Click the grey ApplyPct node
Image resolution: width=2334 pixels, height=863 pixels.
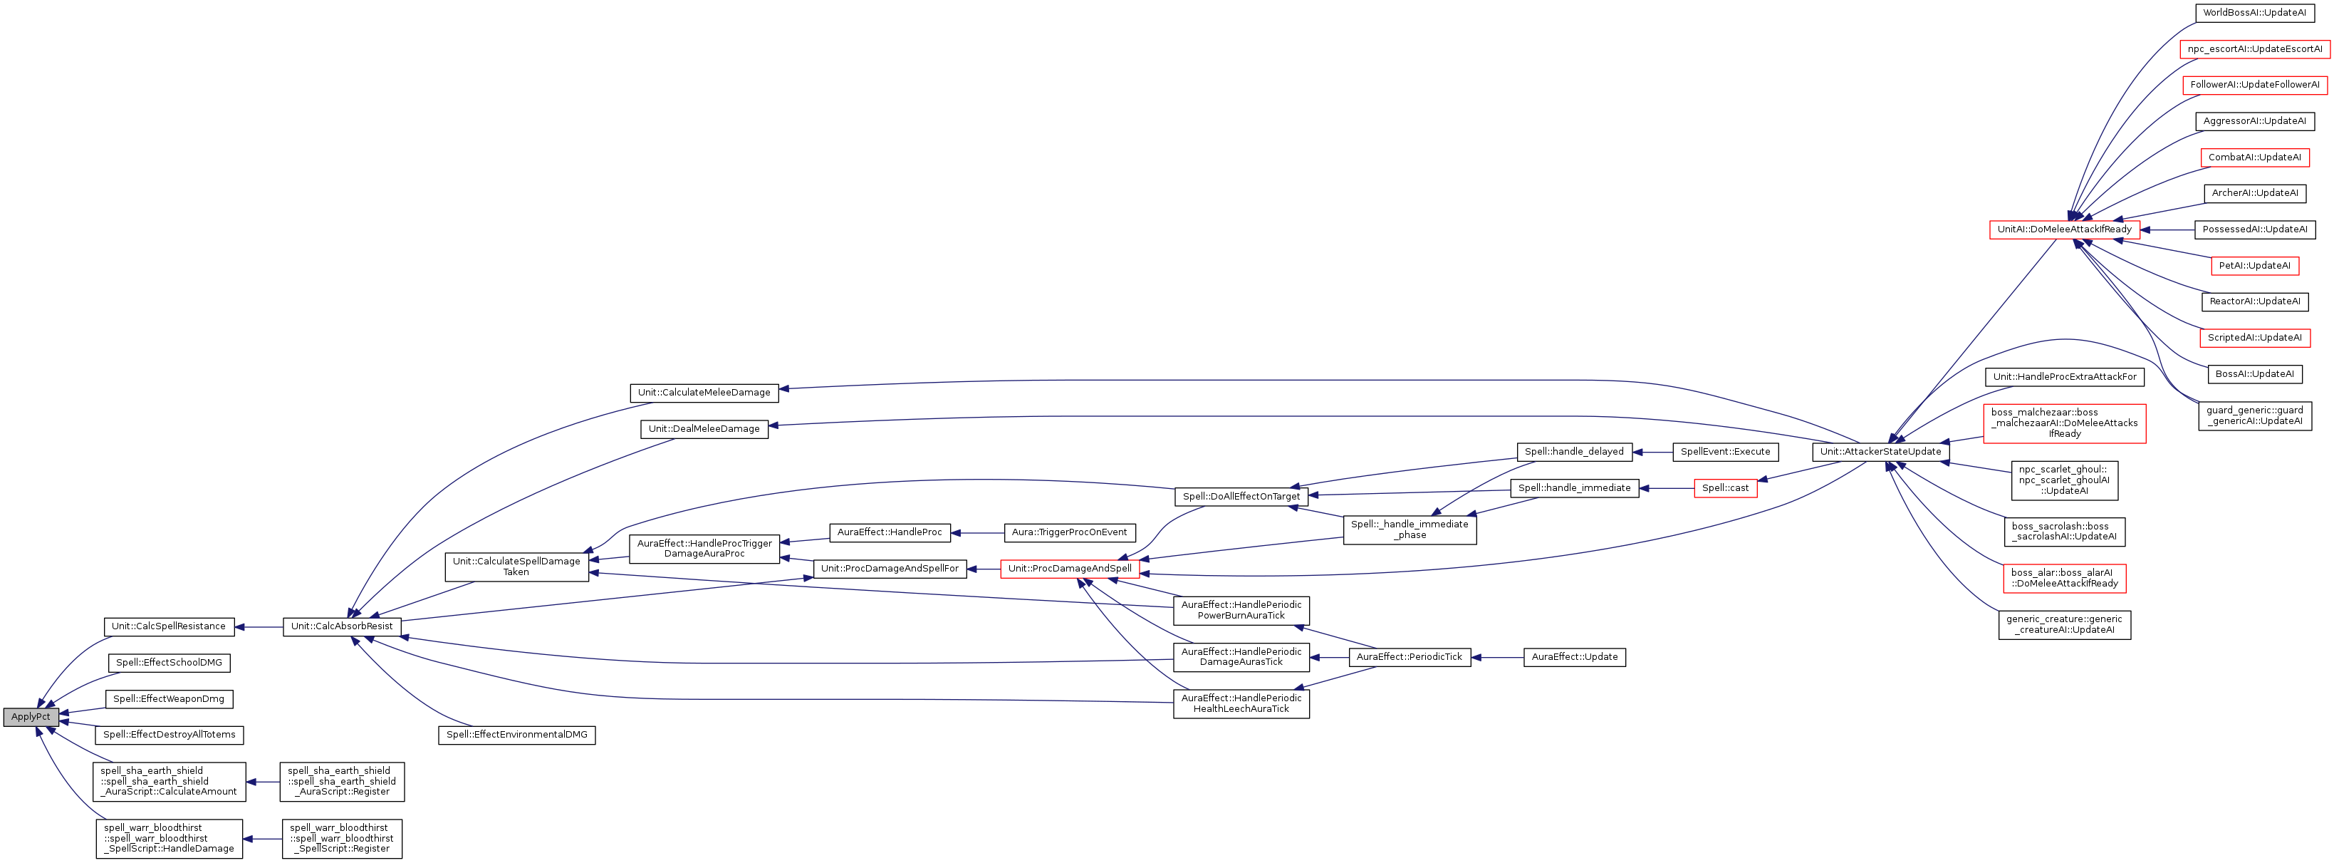coord(31,717)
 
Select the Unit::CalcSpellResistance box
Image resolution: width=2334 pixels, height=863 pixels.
coord(169,626)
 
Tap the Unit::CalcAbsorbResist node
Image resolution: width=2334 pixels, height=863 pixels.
coord(342,626)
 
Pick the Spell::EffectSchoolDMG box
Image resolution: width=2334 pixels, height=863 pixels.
coord(169,663)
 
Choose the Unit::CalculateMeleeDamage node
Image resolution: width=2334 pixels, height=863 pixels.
coord(704,393)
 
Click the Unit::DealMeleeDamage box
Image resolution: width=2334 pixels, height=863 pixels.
coord(704,429)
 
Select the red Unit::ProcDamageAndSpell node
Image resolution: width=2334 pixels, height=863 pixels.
coord(1069,569)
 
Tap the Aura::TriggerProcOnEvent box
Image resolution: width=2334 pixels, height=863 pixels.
coord(1069,532)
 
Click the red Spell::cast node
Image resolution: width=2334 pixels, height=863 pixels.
coord(1725,487)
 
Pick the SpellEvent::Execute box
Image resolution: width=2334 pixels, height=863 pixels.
coord(1725,451)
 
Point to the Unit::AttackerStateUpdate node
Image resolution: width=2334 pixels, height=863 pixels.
coord(1880,451)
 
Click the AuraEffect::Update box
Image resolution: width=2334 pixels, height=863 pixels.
coord(1575,657)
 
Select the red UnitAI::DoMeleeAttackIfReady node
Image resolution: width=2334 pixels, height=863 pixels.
coord(2064,229)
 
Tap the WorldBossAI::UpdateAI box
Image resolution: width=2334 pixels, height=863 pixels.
coord(2254,13)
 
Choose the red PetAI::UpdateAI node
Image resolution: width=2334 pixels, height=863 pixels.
coord(2254,266)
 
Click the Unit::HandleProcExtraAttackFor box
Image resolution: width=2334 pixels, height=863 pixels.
coord(2064,376)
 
